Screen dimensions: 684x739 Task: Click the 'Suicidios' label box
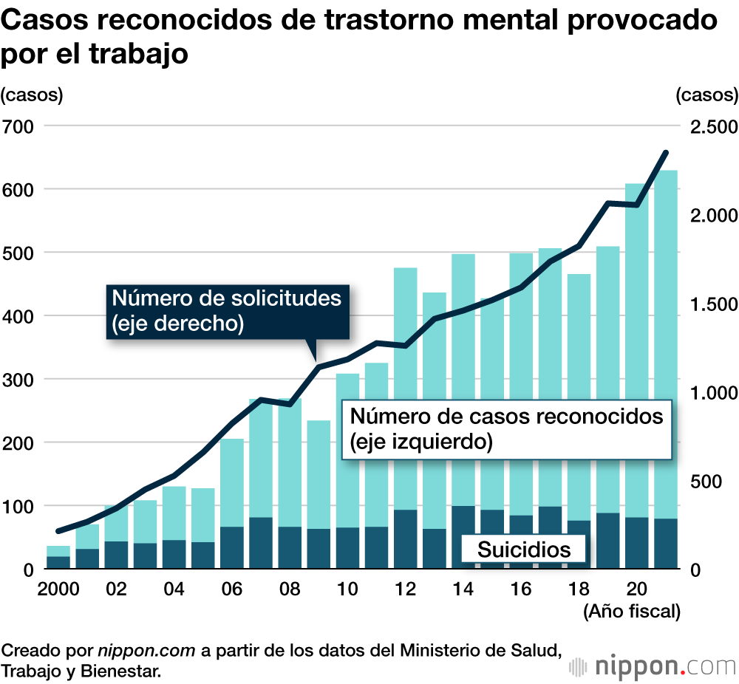(x=524, y=550)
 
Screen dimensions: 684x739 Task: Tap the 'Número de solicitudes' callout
(x=227, y=311)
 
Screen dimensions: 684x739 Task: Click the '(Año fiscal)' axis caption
(x=632, y=612)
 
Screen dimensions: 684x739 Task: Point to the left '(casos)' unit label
(x=33, y=95)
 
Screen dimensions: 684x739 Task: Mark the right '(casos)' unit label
(x=706, y=95)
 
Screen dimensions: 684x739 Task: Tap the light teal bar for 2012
(x=406, y=384)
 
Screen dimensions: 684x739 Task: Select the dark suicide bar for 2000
(x=58, y=562)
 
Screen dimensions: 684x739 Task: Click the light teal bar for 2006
(x=232, y=480)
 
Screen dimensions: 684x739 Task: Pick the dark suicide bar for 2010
(x=348, y=548)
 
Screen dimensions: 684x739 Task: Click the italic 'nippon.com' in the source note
(x=146, y=651)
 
